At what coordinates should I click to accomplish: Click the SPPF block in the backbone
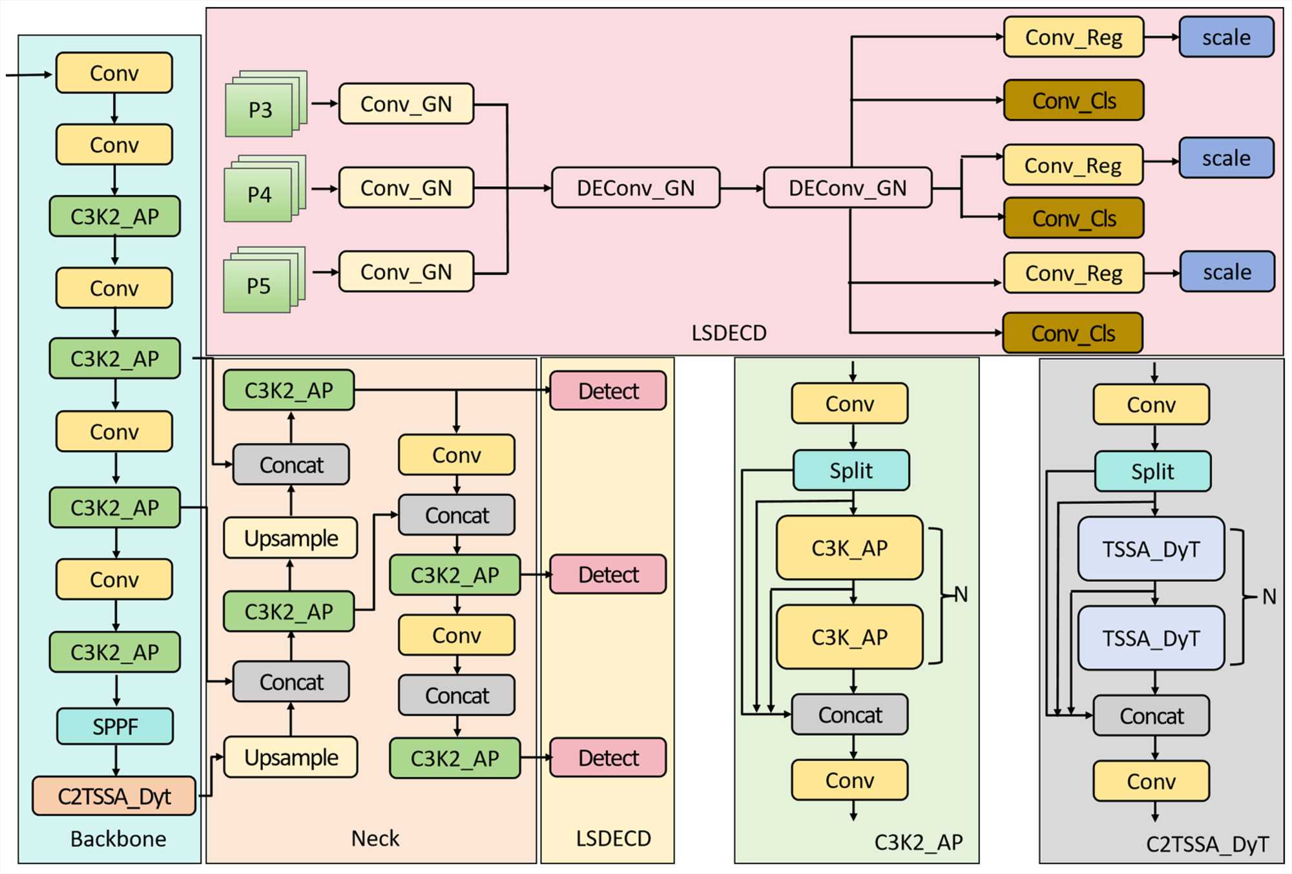click(115, 726)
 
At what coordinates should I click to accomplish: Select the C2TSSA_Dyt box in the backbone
click(114, 796)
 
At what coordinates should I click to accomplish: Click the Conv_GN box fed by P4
click(406, 188)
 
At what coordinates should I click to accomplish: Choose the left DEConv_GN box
click(636, 188)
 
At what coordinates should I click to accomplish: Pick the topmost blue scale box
click(1226, 37)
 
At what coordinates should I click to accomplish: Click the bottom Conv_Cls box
click(1073, 333)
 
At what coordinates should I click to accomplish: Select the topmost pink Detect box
click(608, 391)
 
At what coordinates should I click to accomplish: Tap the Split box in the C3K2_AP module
click(851, 470)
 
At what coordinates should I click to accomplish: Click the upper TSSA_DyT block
click(1151, 549)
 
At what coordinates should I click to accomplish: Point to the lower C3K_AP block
click(849, 637)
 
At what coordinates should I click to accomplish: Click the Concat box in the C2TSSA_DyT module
click(1151, 716)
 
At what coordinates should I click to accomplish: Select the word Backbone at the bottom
click(118, 838)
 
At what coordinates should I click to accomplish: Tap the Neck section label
click(375, 838)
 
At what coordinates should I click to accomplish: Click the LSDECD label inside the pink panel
click(729, 333)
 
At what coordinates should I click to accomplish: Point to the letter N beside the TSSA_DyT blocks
click(1269, 596)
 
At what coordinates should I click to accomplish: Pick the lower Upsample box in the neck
click(291, 757)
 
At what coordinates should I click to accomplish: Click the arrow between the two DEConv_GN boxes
click(742, 188)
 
